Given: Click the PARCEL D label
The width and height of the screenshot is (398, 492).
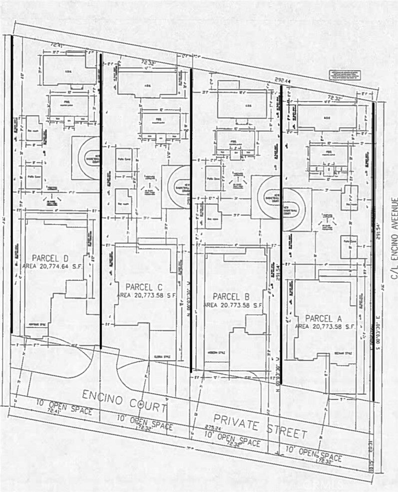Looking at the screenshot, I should pyautogui.click(x=50, y=258).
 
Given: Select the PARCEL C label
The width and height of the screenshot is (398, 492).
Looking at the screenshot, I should pyautogui.click(x=144, y=287).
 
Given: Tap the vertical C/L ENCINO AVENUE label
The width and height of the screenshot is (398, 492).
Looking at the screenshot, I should pyautogui.click(x=394, y=239).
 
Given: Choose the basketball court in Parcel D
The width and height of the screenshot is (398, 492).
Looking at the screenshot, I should pyautogui.click(x=85, y=158).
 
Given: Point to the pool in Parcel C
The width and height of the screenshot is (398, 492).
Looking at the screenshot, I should pyautogui.click(x=161, y=123).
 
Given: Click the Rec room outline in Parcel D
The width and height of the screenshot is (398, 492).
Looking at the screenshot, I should pyautogui.click(x=33, y=128).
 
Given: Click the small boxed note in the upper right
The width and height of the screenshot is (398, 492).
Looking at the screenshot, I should pyautogui.click(x=345, y=75).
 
